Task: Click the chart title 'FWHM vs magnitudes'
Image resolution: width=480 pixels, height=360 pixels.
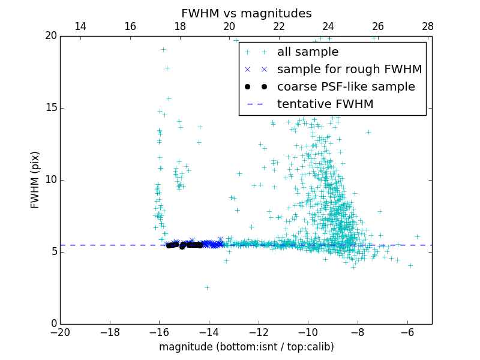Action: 246,13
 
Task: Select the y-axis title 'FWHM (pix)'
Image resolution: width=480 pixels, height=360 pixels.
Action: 35,179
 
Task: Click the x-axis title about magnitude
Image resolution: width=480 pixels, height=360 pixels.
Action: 246,347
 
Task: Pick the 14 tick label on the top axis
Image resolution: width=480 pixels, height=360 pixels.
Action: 80,26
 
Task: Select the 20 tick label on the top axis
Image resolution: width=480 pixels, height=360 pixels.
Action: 229,26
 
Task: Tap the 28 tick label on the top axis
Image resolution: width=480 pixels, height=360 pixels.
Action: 428,26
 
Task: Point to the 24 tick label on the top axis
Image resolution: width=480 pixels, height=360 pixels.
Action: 328,26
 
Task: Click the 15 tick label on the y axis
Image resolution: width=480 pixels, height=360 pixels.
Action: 50,108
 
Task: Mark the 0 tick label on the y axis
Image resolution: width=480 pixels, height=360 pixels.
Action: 53,324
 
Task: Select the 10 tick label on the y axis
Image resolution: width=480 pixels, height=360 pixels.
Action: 50,180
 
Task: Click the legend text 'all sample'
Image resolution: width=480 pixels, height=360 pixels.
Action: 307,52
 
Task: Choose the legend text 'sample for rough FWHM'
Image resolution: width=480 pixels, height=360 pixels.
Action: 349,70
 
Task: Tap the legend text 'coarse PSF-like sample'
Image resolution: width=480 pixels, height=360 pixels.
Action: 346,87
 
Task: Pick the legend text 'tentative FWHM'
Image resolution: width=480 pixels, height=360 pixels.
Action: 325,104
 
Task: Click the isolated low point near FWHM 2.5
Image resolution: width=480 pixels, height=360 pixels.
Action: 207,287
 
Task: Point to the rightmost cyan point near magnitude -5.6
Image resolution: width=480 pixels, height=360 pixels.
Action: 417,236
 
